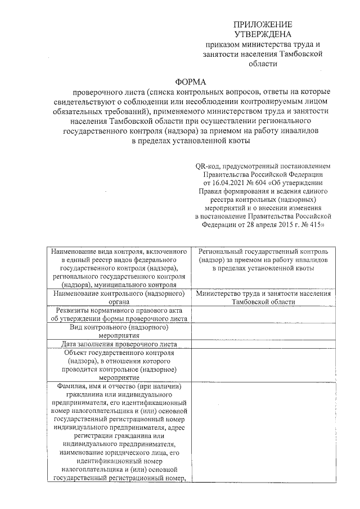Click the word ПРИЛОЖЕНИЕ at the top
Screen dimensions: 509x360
[x=263, y=25]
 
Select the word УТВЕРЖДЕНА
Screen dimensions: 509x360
[x=263, y=34]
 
